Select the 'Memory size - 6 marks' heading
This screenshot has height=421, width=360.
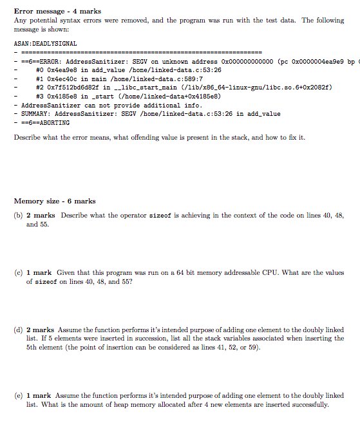coord(54,201)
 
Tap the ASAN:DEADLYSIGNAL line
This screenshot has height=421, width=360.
coord(45,43)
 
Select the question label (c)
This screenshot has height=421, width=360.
coord(18,272)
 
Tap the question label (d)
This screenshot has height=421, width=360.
coord(18,330)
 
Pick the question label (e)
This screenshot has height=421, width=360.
coord(18,395)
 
